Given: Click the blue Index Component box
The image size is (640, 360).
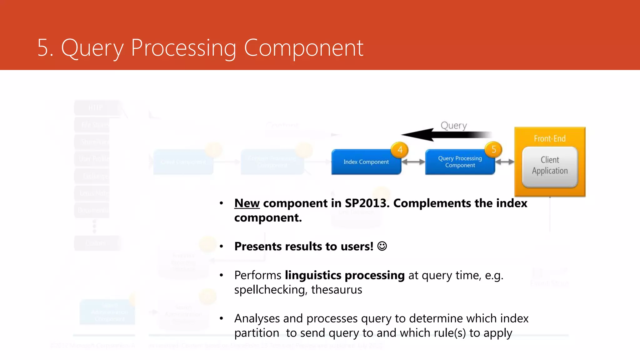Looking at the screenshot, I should (366, 162).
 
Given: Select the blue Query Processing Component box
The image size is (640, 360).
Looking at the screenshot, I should (460, 162).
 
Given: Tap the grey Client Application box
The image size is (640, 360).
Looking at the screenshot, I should (550, 166).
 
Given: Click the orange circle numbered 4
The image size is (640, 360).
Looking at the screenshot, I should (400, 150).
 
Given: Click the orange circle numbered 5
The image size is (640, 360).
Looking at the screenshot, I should (493, 150).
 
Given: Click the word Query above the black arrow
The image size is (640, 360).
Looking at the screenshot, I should (453, 125).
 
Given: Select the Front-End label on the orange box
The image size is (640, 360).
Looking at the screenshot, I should (550, 138).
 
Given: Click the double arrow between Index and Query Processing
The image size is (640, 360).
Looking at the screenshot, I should (413, 162).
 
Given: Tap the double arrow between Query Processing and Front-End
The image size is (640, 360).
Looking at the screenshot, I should (505, 162).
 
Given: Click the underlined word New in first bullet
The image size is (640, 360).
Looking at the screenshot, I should (247, 203).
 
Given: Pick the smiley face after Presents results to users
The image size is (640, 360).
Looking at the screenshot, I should (382, 246).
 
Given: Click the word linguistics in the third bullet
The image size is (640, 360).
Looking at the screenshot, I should (313, 275).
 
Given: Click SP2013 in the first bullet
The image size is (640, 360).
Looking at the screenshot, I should (365, 203).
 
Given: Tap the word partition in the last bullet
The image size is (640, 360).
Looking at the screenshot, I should (257, 333).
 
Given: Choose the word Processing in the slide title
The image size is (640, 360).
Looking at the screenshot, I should (183, 48).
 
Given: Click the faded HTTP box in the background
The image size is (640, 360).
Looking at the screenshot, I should (96, 108).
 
